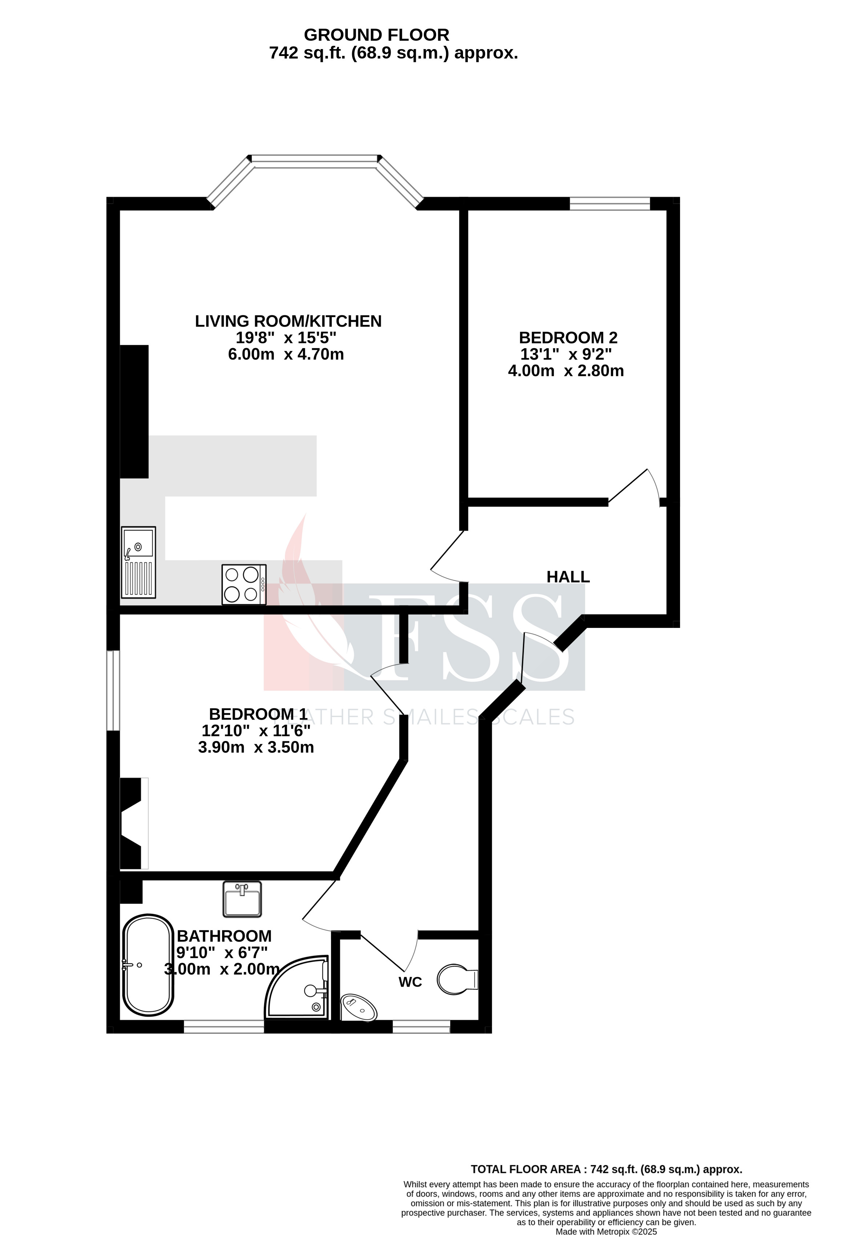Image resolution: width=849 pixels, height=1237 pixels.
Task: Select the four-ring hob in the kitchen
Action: [244, 584]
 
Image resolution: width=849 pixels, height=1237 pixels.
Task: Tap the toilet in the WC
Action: [457, 979]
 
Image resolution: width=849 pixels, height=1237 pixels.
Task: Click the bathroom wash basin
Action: [242, 899]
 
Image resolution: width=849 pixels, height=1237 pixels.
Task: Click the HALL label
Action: [568, 577]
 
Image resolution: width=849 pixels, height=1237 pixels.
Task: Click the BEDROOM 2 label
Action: [568, 338]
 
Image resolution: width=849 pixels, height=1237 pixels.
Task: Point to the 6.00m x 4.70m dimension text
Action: [286, 355]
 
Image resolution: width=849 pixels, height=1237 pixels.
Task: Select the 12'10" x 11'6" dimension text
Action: [256, 731]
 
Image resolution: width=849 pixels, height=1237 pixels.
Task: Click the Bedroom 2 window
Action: [609, 204]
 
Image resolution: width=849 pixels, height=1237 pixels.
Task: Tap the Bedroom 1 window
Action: [113, 690]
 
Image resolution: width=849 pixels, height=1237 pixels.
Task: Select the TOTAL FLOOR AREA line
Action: [606, 1169]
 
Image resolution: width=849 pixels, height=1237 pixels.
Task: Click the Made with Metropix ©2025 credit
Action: [606, 1232]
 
